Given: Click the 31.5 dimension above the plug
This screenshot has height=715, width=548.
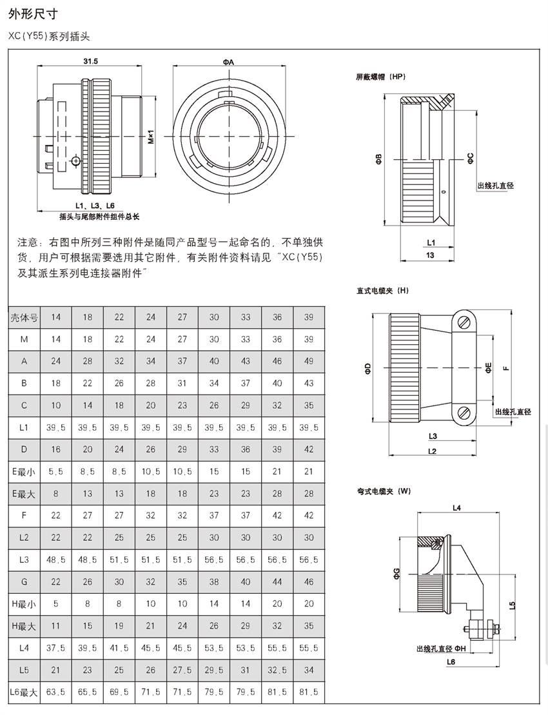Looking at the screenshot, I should coord(90,61).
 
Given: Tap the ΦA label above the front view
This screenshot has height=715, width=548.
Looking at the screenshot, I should coord(228,61).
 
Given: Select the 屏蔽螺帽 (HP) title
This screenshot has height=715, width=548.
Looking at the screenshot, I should coord(381,76).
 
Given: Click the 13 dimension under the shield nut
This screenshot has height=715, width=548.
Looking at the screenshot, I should coord(430,255).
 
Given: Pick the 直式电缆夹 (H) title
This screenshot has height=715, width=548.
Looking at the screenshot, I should coord(383,291).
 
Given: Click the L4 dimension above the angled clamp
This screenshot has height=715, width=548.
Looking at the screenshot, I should coord(457,509).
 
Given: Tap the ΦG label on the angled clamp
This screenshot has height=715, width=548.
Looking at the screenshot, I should coord(396,573).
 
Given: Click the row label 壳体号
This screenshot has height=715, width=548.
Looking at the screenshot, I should coord(24,317).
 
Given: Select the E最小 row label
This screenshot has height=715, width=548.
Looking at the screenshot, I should coord(24,471).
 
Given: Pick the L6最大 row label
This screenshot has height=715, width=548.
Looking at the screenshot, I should coord(24,692).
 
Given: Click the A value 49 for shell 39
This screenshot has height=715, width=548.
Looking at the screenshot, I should coord(309,361).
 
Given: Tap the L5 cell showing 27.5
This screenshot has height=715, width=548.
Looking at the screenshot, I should coord(182,670).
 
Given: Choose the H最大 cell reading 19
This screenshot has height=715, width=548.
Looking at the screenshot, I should coord(119,626).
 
